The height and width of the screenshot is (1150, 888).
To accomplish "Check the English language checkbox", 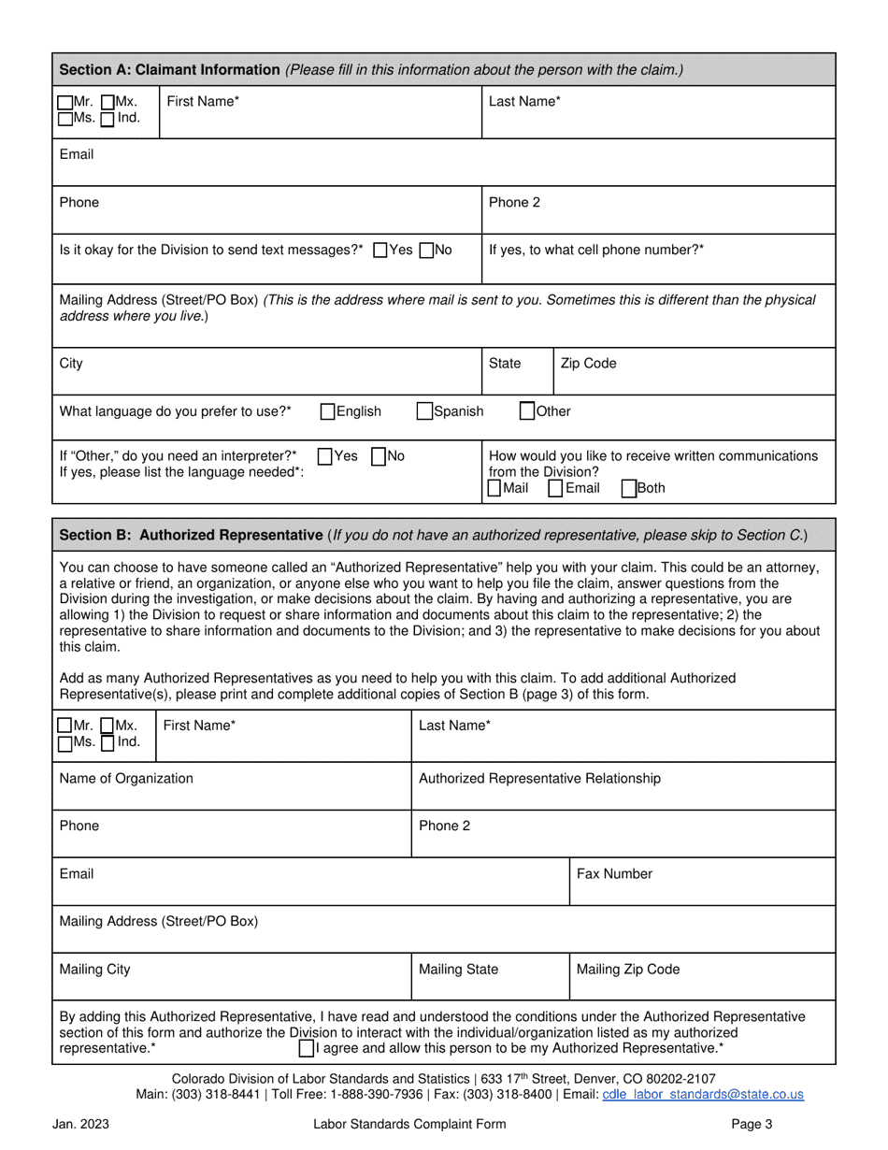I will coord(328,411).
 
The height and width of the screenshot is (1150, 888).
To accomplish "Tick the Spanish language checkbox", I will coord(424,411).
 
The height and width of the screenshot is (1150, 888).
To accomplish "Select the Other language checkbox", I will coord(527,410).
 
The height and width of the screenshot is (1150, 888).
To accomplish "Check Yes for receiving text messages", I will coord(380,251).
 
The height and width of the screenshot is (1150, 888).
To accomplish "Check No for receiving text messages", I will coord(427,251).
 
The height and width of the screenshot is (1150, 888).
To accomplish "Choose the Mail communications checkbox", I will coord(494,488).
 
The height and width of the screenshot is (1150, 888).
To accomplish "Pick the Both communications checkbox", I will coord(629,488).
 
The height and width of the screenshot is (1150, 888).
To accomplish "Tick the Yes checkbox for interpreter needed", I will coord(325,456).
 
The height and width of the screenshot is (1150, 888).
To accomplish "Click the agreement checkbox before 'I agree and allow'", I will coord(307,1048).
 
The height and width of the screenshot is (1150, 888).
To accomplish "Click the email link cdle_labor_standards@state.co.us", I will coord(702,1094).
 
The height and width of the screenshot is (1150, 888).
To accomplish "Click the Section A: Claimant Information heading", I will coord(169,69).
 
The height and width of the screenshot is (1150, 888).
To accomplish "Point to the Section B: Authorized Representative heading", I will coord(191,535).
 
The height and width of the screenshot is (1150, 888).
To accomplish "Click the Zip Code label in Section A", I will coord(588,364).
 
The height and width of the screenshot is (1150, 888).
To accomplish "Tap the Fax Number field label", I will coord(614,874).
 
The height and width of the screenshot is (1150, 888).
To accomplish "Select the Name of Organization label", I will coord(126,779).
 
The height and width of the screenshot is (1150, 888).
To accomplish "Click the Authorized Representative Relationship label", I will coord(539,779).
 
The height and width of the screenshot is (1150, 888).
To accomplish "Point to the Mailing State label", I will coord(458,970).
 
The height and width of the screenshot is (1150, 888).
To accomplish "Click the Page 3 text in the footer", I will coord(752,1125).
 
